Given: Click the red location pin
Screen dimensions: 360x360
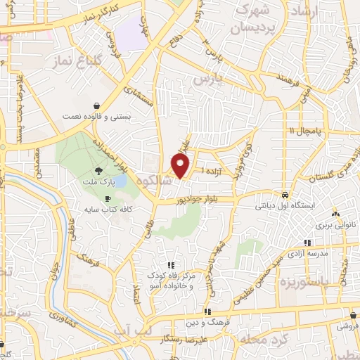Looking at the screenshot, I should (x=181, y=165).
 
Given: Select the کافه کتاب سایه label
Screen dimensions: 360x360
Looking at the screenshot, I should (x=110, y=210).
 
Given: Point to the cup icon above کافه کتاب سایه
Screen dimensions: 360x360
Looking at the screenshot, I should (x=108, y=199).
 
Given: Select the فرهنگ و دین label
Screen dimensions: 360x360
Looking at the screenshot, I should (x=209, y=322).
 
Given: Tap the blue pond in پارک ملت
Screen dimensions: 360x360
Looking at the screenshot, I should (x=120, y=181).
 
